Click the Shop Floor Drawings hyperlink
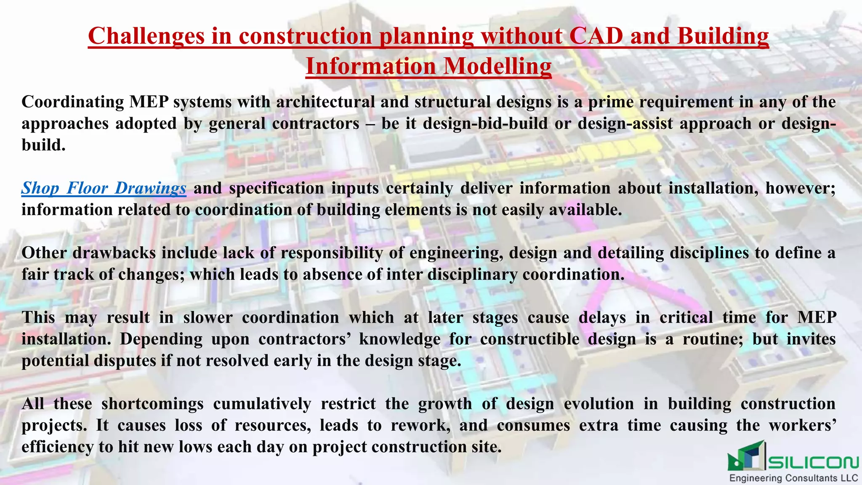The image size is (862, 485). [x=104, y=188]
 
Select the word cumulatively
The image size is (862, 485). [x=262, y=404]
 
